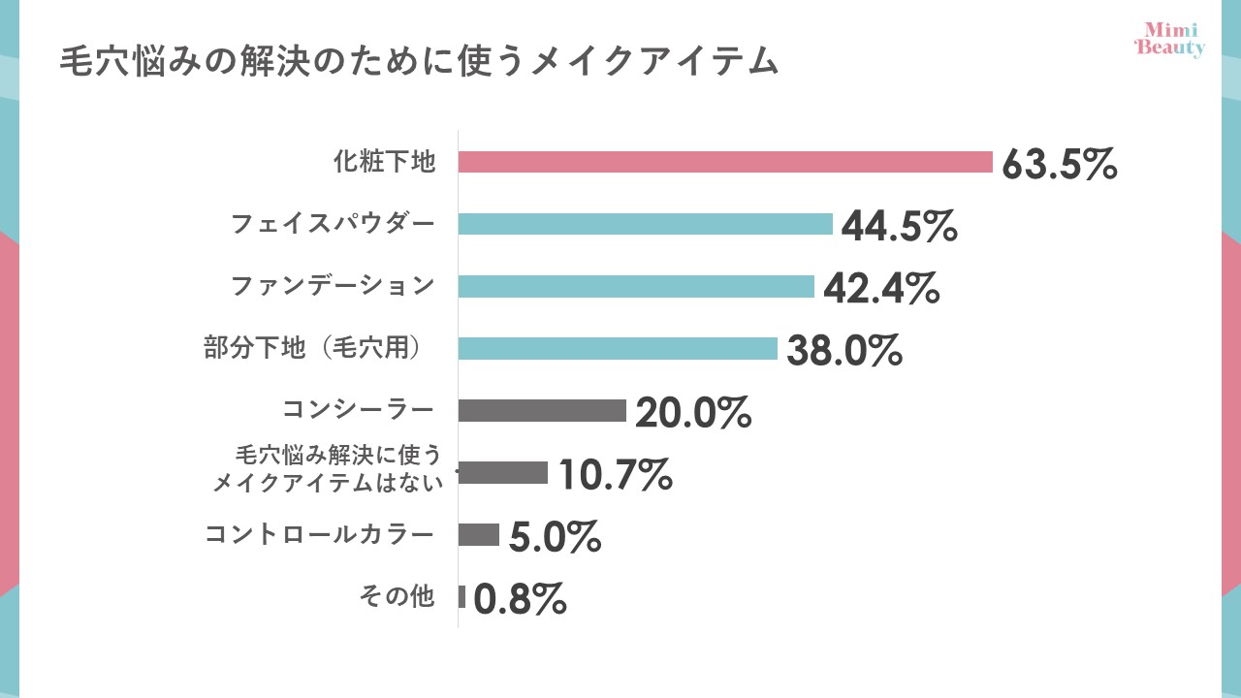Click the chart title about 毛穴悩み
[419, 61]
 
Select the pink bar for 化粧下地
[725, 162]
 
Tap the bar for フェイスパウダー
[645, 224]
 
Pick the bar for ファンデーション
[636, 286]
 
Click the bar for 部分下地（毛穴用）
[618, 348]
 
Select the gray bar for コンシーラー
[542, 410]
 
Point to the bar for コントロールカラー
[478, 535]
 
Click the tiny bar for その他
[462, 597]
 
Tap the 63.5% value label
[1059, 164]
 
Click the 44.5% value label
[899, 226]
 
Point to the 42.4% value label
[880, 288]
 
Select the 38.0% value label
[843, 350]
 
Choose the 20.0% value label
[692, 412]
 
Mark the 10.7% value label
[614, 474]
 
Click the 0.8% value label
[520, 599]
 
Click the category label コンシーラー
[358, 410]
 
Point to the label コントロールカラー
[319, 535]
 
